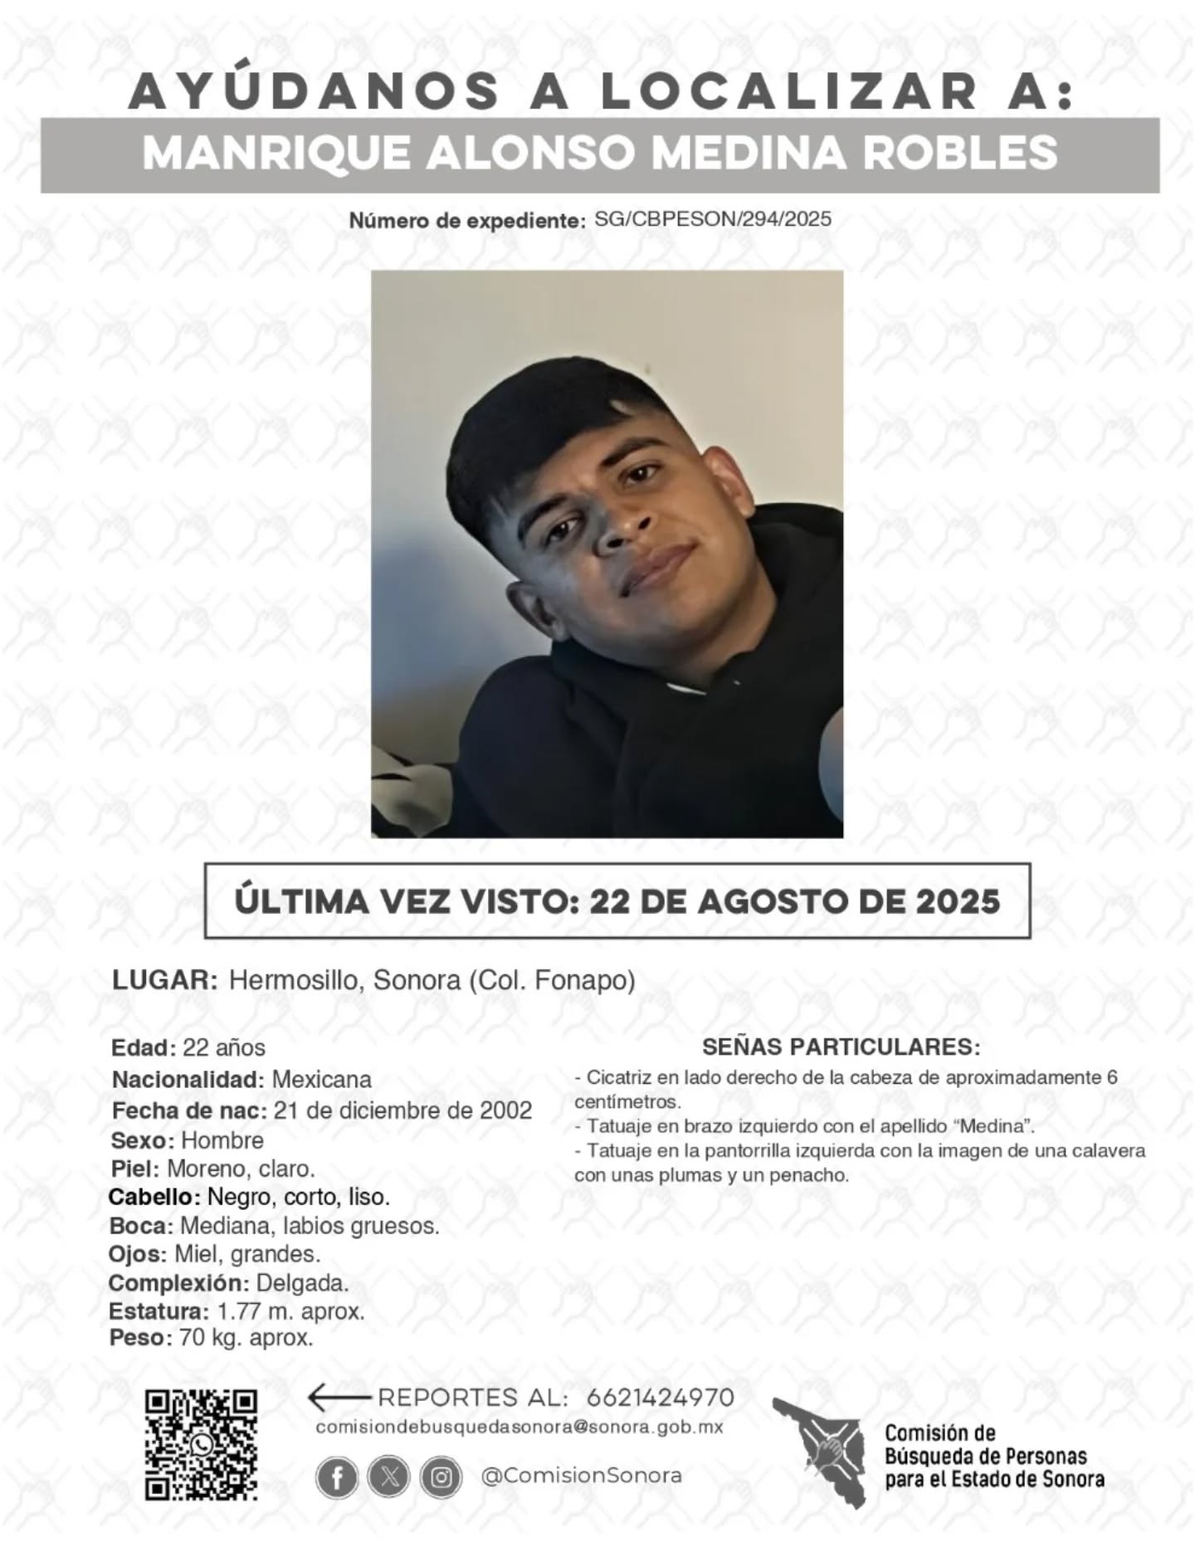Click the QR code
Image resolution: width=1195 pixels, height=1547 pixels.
click(201, 1444)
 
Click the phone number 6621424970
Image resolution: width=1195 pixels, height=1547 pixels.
click(660, 1398)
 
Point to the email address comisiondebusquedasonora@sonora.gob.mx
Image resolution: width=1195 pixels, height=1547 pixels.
click(519, 1427)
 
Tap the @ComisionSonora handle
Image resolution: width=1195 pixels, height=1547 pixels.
click(581, 1476)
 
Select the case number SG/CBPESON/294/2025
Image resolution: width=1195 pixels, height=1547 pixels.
click(713, 219)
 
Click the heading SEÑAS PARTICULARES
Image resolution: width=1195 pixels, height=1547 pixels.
click(841, 1047)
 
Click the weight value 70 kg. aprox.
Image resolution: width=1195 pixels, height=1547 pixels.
click(246, 1338)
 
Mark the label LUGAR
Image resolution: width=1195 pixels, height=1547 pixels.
click(163, 980)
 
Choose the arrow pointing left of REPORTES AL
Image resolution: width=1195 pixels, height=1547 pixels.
click(338, 1398)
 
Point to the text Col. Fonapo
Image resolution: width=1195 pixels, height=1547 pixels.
click(554, 980)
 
